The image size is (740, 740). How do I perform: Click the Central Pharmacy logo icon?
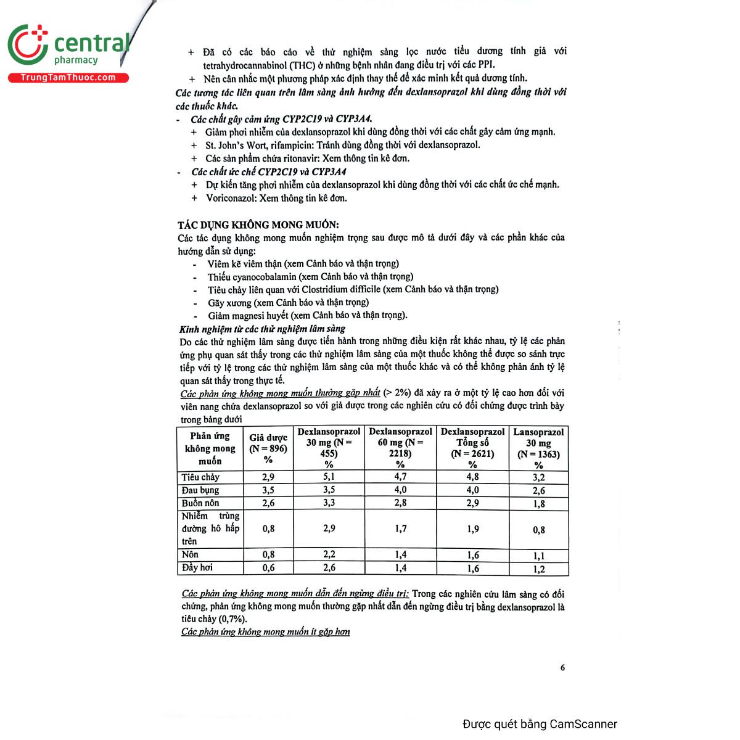click(28, 44)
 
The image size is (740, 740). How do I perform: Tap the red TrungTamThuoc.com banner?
click(68, 78)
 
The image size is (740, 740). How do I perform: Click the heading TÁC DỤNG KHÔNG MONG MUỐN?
click(258, 225)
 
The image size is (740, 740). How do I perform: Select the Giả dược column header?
click(268, 448)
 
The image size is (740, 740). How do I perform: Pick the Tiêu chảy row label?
click(201, 477)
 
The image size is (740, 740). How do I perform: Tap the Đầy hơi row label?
click(197, 568)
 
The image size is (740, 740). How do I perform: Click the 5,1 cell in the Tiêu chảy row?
click(329, 477)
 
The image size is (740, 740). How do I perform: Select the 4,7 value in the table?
click(400, 477)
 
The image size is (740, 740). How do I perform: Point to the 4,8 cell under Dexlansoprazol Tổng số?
click(472, 477)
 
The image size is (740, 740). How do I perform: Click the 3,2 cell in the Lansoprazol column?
click(538, 477)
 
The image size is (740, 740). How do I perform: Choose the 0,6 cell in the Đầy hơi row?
click(268, 568)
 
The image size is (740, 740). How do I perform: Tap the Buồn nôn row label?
click(200, 503)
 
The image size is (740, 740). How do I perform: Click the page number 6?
click(562, 667)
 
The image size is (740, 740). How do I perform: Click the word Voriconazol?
click(231, 198)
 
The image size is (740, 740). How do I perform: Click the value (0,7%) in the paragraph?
click(231, 619)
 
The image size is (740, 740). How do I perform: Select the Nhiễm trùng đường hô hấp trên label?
click(210, 528)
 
